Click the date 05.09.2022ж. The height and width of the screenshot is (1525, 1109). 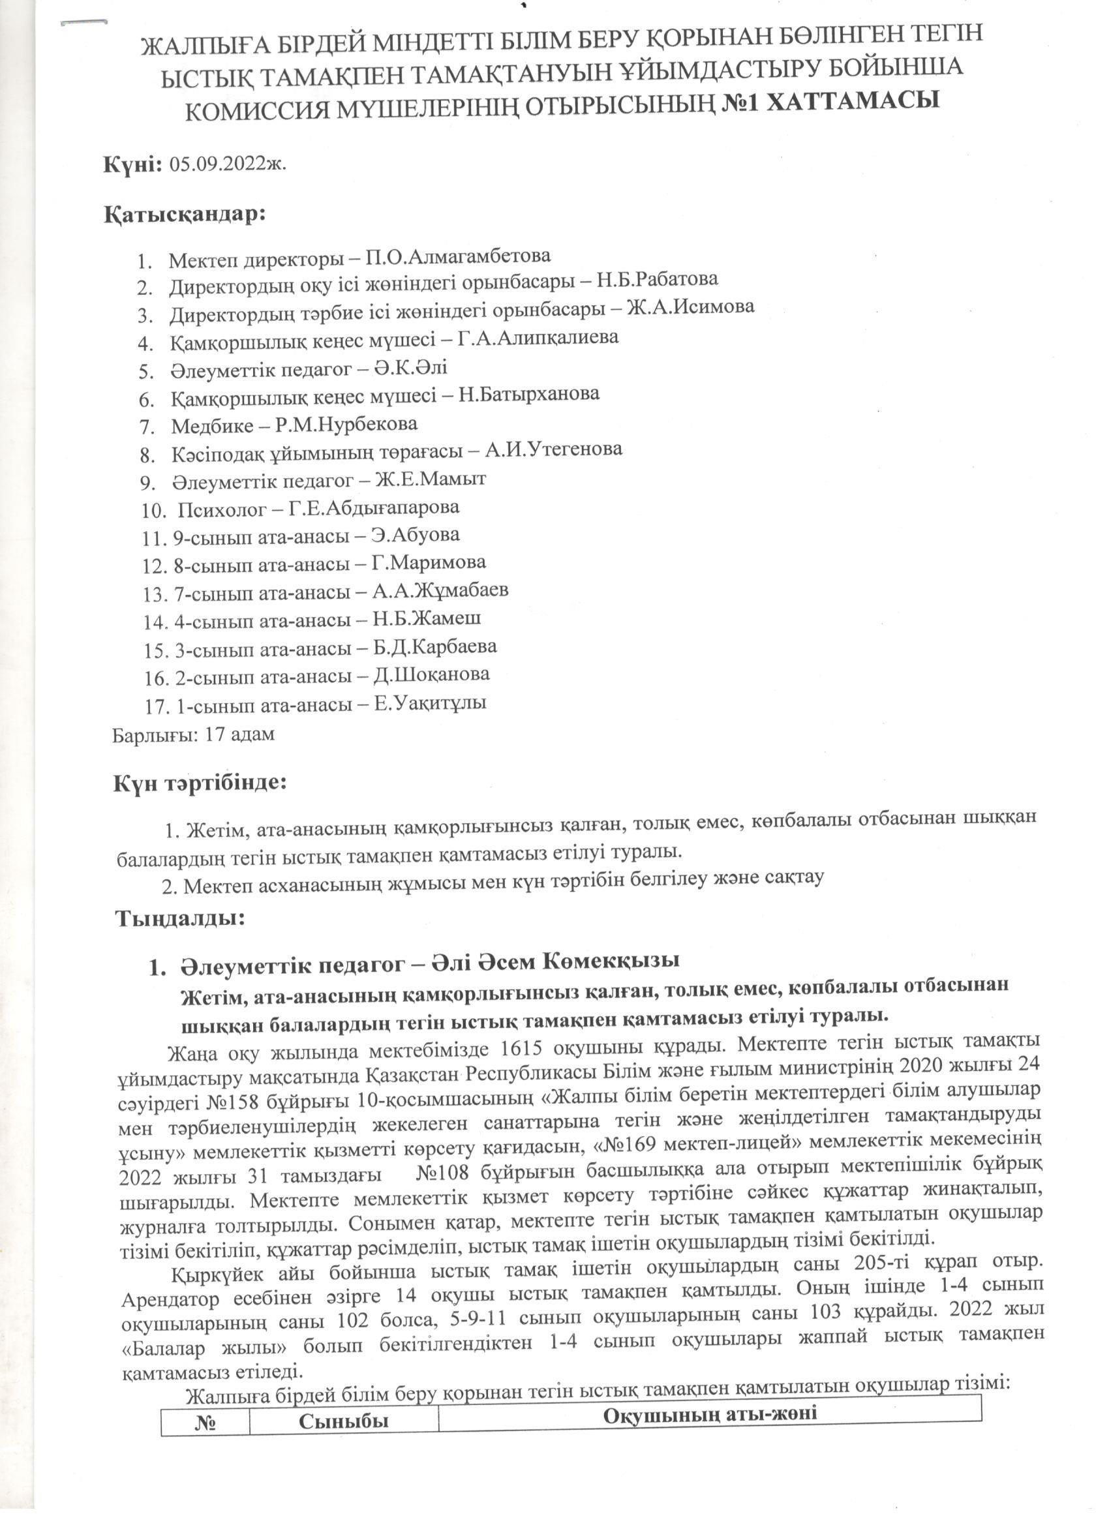click(x=228, y=165)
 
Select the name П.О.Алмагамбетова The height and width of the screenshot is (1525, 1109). click(x=458, y=256)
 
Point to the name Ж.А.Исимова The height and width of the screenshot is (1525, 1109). click(x=690, y=307)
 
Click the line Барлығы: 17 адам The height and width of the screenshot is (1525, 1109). click(x=194, y=734)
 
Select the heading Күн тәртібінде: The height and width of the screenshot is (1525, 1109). click(x=200, y=783)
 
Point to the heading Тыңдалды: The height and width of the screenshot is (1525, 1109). click(x=179, y=918)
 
